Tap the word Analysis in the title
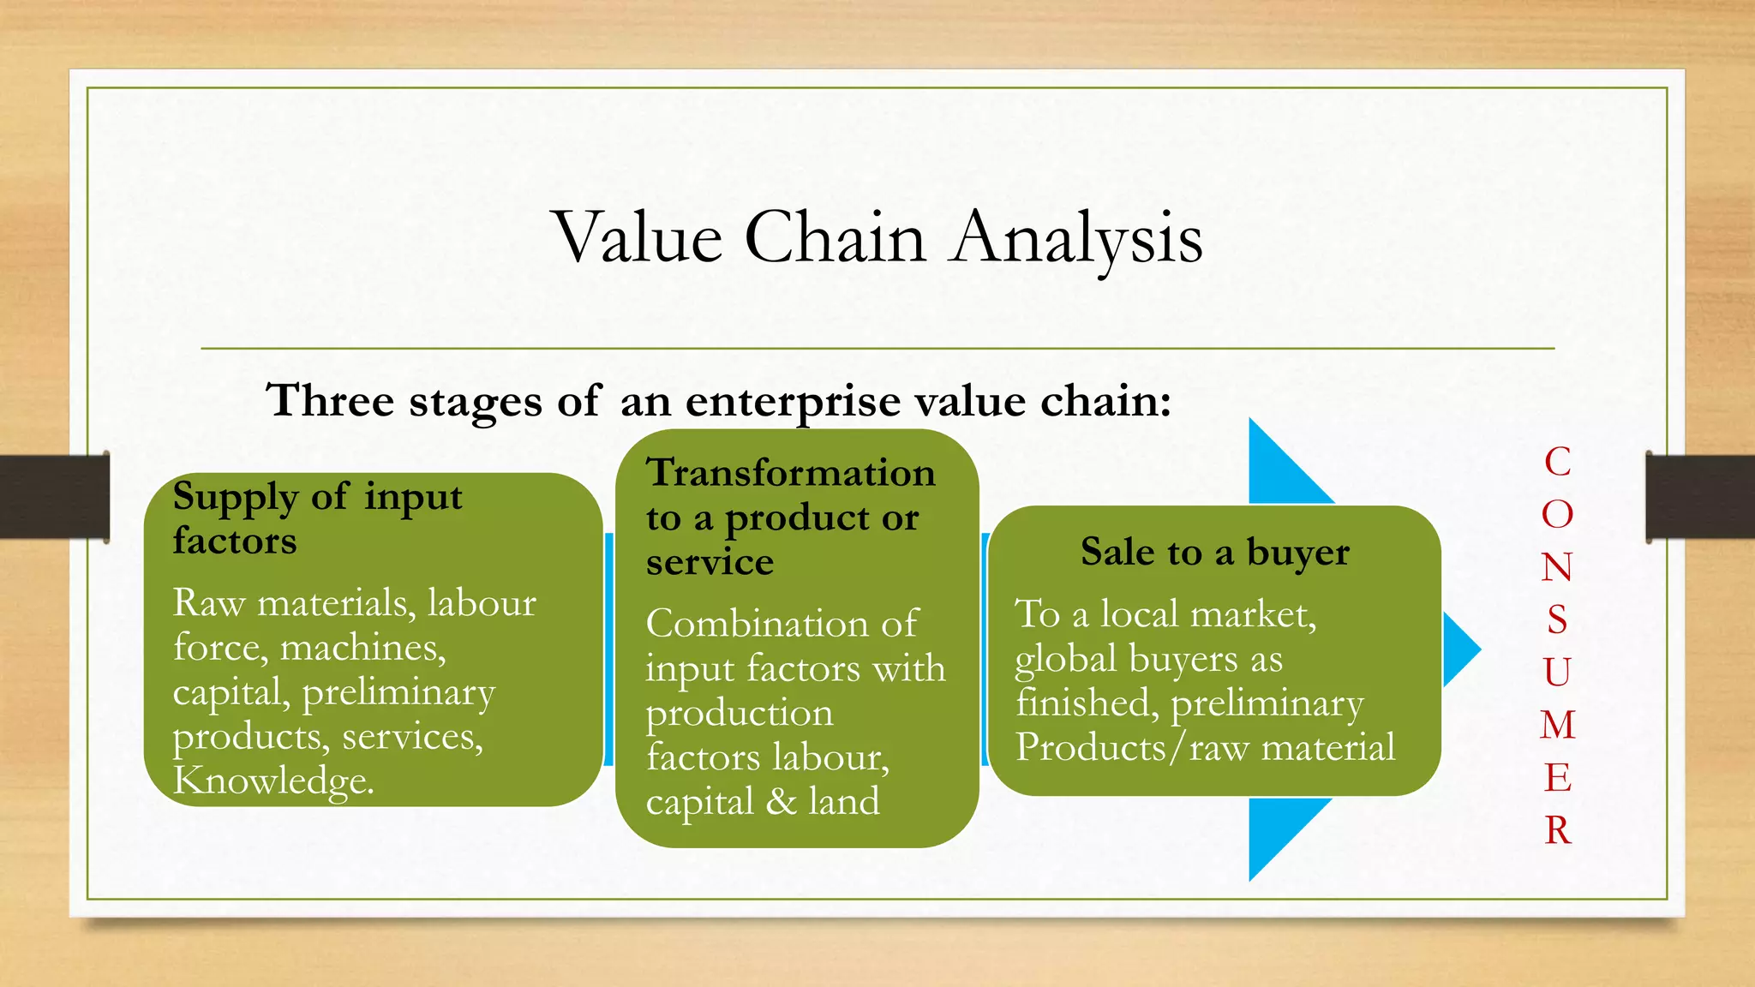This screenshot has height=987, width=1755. [x=1077, y=237]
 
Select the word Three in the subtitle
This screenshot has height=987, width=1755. [x=331, y=400]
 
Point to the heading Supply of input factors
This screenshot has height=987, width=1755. [x=317, y=518]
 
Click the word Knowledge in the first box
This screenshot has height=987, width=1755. [x=273, y=781]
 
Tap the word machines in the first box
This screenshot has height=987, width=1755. [x=362, y=648]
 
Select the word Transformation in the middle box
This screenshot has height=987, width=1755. [x=790, y=473]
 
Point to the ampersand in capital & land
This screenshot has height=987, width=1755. [x=781, y=802]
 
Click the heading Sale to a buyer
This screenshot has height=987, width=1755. [x=1214, y=553]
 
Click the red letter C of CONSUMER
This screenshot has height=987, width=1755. [x=1557, y=462]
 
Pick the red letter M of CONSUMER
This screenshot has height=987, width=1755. [x=1557, y=725]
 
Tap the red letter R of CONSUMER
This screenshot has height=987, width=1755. [x=1557, y=830]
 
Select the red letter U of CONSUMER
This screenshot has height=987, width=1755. [x=1557, y=673]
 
